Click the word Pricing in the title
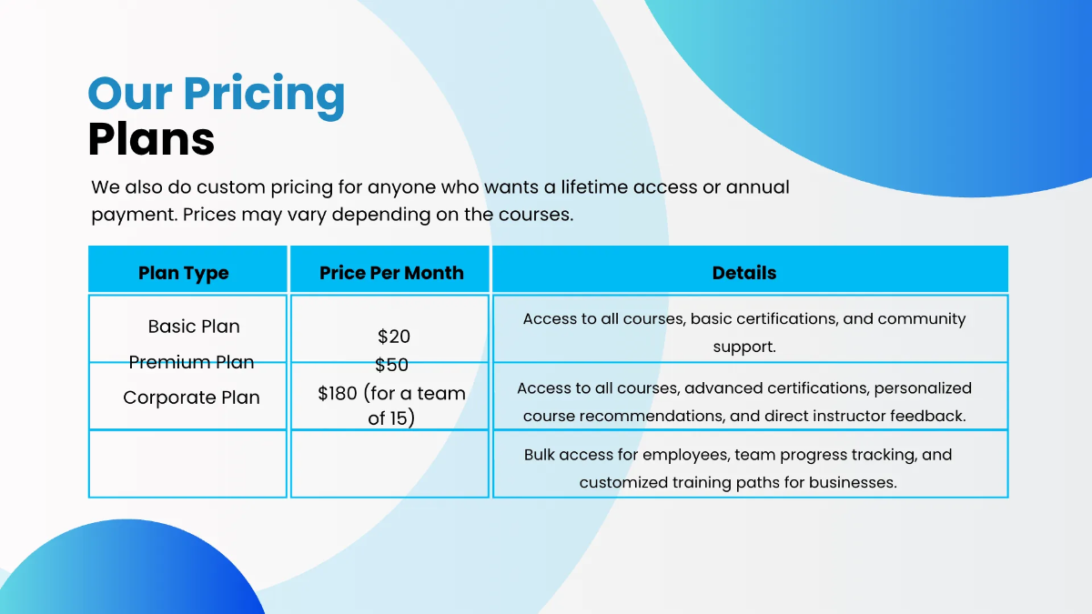[264, 95]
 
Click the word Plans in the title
[151, 139]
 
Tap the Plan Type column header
[184, 273]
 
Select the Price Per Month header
[391, 273]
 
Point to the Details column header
[744, 273]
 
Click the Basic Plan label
[194, 327]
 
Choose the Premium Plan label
[191, 362]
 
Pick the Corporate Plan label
[191, 398]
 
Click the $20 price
[393, 337]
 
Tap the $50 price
[391, 365]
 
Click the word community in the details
[921, 319]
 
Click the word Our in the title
[129, 95]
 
